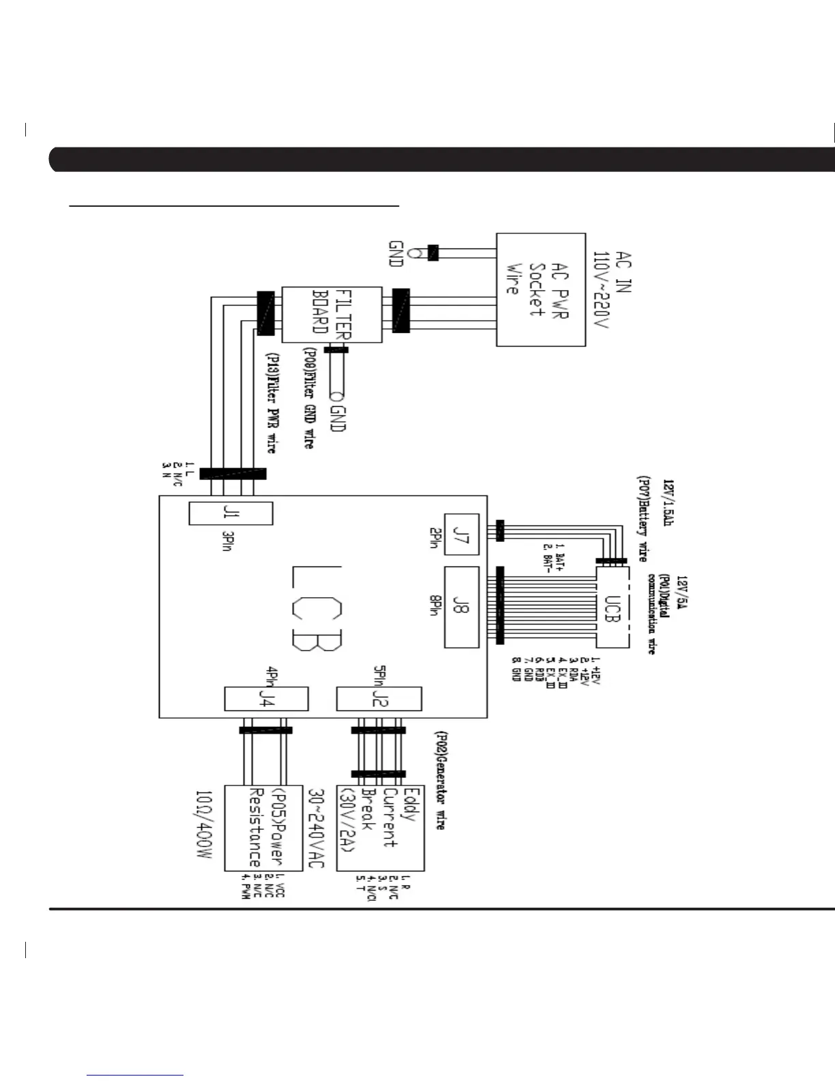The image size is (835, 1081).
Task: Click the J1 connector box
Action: coord(231,513)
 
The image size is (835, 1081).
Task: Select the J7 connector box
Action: coord(462,534)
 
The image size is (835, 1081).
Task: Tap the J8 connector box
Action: coord(462,607)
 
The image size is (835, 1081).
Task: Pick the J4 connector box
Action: coord(266,699)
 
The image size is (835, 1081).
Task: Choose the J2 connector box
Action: coord(379,699)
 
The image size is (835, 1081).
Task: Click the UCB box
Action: coord(612,606)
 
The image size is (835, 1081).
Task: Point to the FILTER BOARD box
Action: coord(332,315)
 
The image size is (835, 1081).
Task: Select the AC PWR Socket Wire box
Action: coord(540,290)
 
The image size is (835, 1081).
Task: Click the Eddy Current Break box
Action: coord(380,828)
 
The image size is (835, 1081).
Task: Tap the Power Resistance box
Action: coord(267,828)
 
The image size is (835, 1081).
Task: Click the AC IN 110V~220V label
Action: coord(612,291)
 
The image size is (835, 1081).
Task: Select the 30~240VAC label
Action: coord(315,828)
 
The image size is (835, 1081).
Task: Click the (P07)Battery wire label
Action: coord(641,519)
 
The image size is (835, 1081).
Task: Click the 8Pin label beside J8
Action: coord(433,603)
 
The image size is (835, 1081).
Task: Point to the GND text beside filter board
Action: coord(337,414)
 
